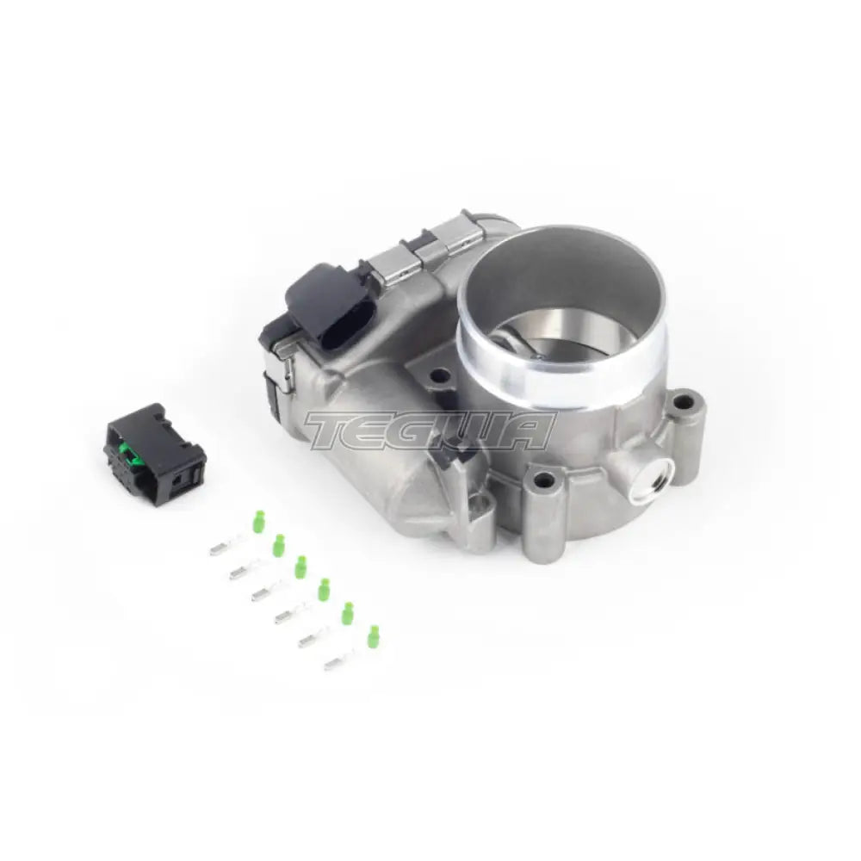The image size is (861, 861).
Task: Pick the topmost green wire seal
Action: (x=257, y=523)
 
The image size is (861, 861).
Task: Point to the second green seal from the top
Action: (x=279, y=545)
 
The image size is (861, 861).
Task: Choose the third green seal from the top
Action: (x=300, y=567)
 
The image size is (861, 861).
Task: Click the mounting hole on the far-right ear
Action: (x=684, y=400)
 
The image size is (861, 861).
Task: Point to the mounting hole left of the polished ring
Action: (x=441, y=375)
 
